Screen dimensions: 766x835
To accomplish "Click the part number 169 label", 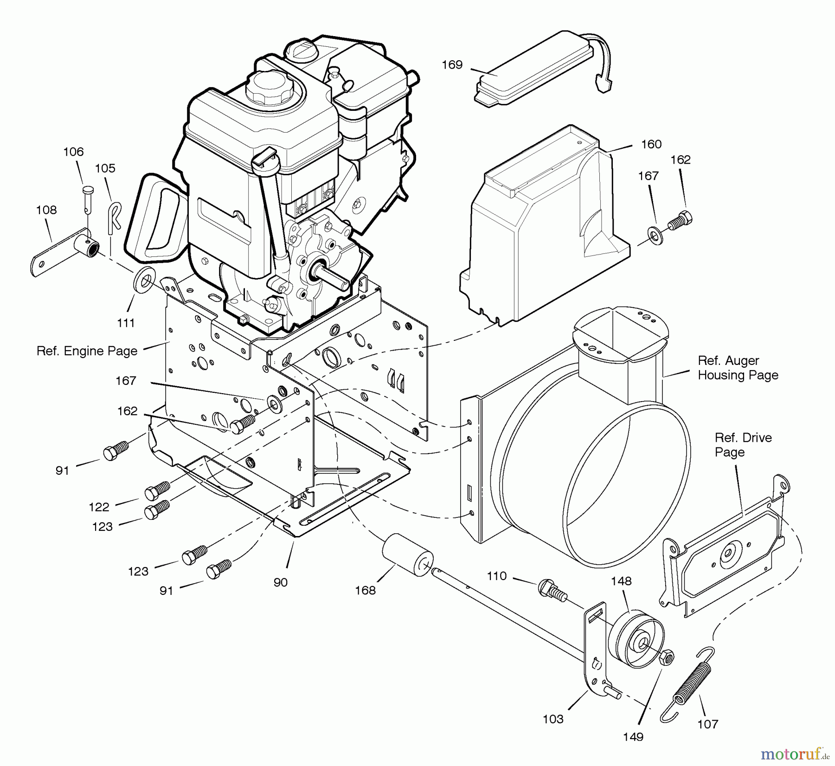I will (452, 65).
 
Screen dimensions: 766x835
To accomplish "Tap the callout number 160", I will (651, 144).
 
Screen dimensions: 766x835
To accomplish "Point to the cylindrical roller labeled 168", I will (408, 555).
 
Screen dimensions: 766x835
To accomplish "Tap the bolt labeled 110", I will (552, 591).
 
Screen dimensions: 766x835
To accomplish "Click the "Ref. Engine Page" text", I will (87, 351).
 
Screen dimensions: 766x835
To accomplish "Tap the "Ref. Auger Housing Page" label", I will (738, 368).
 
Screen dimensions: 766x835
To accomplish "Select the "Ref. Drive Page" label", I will (743, 445).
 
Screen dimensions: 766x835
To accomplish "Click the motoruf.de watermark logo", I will (793, 754).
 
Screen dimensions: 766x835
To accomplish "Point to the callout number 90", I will (280, 582).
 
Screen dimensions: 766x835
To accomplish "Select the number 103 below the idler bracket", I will (553, 719).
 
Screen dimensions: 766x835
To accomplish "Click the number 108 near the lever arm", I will (46, 210).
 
